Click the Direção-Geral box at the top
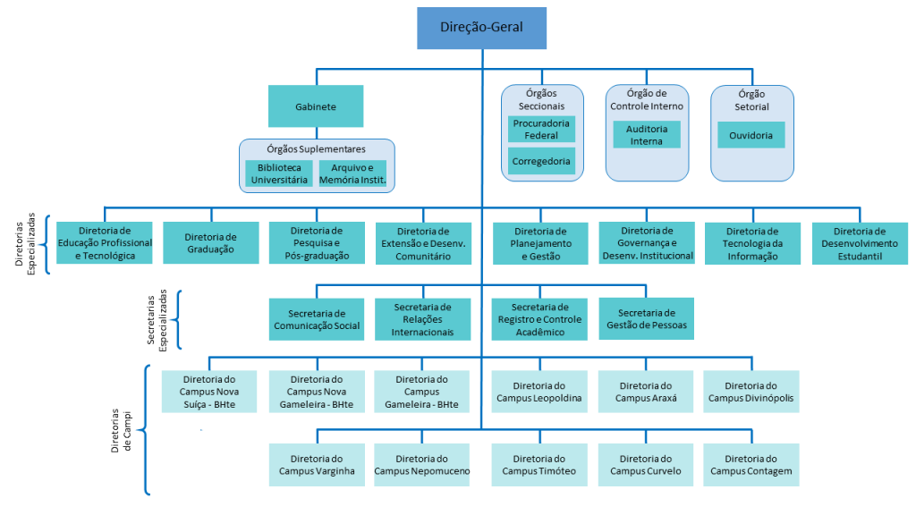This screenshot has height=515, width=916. (x=481, y=28)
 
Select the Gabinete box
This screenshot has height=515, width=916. (x=316, y=106)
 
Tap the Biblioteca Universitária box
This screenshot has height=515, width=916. (x=279, y=173)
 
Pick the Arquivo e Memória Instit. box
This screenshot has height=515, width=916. (x=352, y=173)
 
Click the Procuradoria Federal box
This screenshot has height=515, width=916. (x=541, y=129)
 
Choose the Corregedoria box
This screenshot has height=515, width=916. (x=541, y=161)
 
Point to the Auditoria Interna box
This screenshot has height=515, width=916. (x=647, y=135)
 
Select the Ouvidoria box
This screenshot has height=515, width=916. (x=751, y=135)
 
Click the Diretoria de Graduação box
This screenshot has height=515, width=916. (x=210, y=243)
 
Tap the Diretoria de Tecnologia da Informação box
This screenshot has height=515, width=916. (x=752, y=243)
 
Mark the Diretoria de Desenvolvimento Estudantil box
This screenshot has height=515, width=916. (x=860, y=243)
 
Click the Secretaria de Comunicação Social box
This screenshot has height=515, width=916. (x=317, y=319)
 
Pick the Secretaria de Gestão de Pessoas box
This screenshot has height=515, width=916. (x=647, y=319)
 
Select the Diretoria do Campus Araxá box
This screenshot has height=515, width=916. (x=646, y=392)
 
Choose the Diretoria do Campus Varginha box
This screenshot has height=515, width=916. (x=317, y=465)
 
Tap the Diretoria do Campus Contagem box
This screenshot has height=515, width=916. (x=751, y=465)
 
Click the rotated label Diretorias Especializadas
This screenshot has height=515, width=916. (x=25, y=243)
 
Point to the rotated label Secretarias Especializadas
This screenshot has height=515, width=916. (x=157, y=320)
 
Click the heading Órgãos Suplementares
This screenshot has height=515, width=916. (x=316, y=149)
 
